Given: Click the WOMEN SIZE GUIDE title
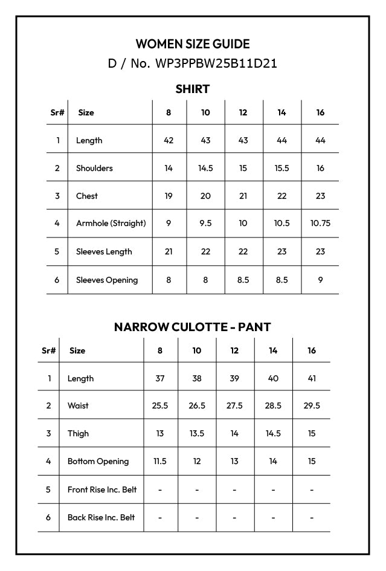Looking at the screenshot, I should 193,44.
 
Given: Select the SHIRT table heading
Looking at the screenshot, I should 193,89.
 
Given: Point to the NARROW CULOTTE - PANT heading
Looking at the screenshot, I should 193,327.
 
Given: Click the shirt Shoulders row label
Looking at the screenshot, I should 94,168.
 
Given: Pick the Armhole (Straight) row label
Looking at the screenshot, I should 111,223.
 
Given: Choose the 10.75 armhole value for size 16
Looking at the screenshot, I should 320,223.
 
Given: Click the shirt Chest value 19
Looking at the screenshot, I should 169,196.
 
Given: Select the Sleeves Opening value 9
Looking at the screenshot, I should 320,280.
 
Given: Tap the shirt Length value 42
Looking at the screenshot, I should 169,140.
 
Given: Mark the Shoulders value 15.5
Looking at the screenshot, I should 281,168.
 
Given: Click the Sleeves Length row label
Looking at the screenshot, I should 104,251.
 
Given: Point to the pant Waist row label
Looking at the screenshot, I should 78,405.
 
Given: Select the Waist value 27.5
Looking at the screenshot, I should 234,405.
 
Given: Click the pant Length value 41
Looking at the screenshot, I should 312,378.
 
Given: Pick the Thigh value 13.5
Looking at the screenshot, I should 197,433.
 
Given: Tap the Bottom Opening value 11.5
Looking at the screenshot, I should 160,461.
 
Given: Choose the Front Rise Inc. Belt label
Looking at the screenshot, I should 102,489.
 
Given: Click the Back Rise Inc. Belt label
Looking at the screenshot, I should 101,517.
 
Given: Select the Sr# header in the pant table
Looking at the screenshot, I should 49,350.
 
